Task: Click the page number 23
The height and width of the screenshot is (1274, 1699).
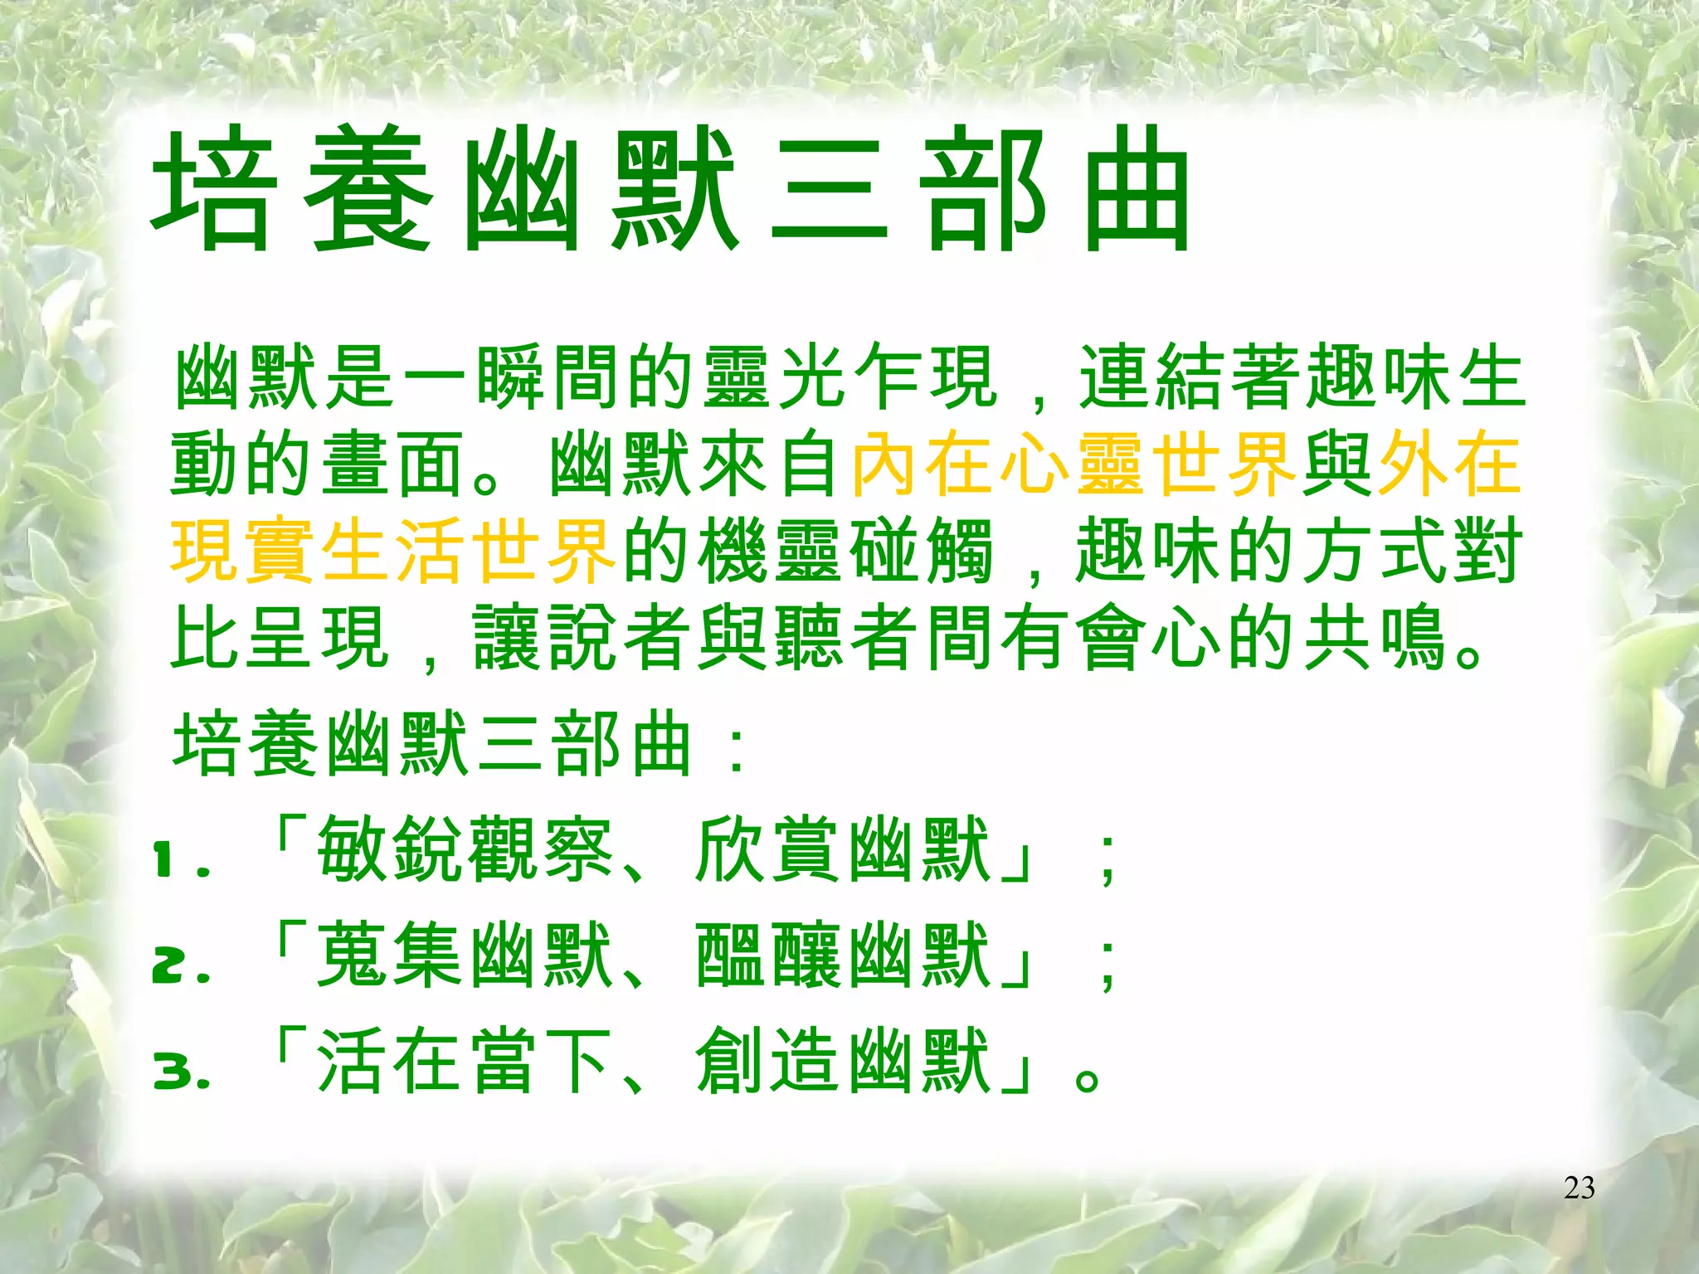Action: pyautogui.click(x=1579, y=1188)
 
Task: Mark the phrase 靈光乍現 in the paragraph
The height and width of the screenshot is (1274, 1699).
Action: pyautogui.click(x=847, y=377)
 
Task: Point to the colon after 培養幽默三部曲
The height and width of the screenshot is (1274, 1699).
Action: pyautogui.click(x=735, y=751)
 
